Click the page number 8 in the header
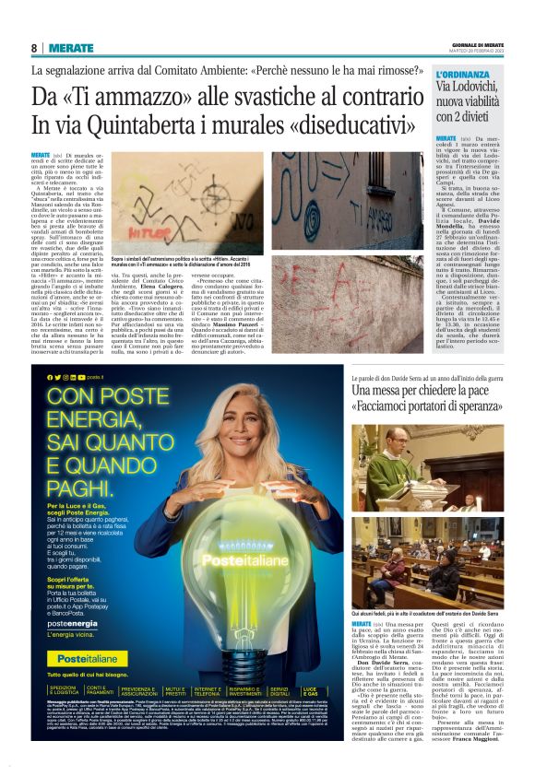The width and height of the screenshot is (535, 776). click(x=34, y=48)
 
